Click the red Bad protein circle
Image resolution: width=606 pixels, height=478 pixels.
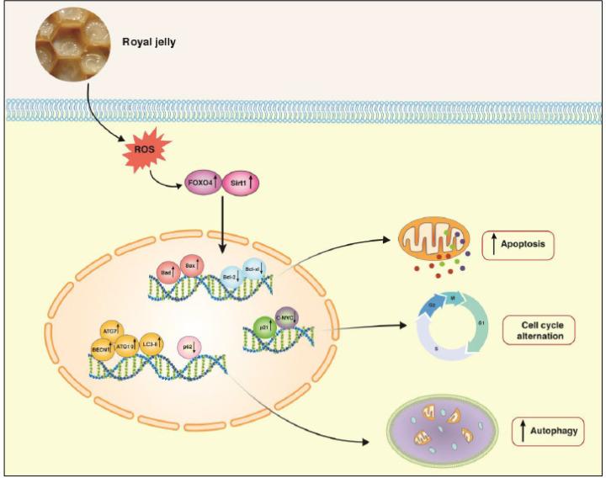(169, 273)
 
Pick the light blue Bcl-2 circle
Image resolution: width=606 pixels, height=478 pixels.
(226, 274)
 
